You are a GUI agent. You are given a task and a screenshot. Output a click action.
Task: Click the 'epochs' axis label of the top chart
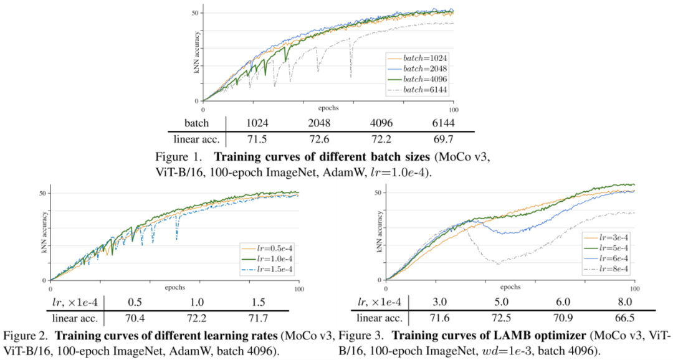pos(330,107)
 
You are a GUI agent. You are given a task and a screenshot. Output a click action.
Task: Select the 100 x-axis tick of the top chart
pos(453,110)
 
